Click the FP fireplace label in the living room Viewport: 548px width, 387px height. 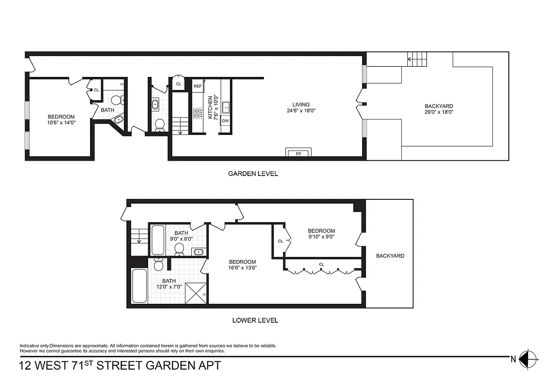298,153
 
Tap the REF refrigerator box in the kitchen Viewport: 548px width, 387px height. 198,86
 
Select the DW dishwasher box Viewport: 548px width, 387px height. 225,120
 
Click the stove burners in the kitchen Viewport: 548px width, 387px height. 198,113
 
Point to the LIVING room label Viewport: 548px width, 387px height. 301,104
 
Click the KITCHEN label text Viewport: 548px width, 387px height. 210,107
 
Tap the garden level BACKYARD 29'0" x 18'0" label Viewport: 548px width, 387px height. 439,109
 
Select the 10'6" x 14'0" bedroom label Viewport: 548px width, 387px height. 61,119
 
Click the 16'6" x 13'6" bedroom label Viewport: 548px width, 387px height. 243,265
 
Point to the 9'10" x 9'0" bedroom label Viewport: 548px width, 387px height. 321,234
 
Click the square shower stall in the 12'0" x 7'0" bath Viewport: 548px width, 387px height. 196,293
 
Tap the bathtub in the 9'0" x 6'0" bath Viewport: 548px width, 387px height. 157,239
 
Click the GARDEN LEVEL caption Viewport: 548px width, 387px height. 253,174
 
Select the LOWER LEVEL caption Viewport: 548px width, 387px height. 255,320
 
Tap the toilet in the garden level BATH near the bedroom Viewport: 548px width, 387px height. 116,100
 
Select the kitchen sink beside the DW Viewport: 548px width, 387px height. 225,105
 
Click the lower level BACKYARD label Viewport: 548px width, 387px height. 390,256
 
